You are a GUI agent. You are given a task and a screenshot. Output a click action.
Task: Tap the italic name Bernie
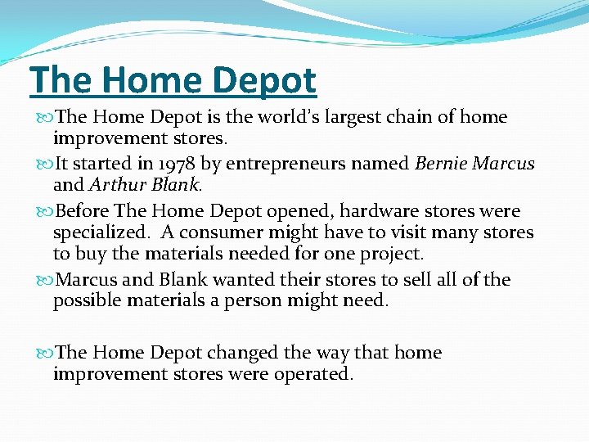click(x=443, y=164)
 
